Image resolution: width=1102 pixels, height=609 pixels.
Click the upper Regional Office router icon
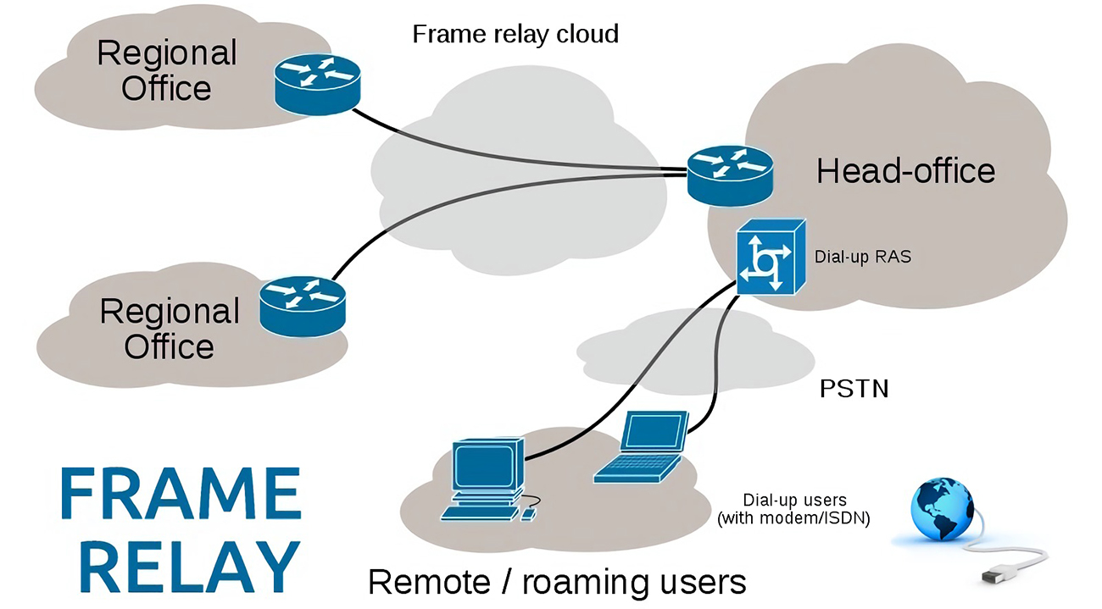coord(317,85)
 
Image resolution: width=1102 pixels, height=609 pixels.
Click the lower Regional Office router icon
coord(303,307)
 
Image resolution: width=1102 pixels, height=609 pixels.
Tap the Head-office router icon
coord(730,176)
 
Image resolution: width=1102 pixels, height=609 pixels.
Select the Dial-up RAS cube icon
coord(771,257)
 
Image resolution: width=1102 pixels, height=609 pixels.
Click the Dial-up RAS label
coord(863,257)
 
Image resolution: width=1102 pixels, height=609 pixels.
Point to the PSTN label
coord(854,389)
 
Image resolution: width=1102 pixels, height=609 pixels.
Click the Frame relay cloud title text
coord(515,35)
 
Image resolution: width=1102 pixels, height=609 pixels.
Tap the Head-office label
coord(905,171)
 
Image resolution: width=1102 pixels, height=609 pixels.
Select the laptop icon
coord(642,447)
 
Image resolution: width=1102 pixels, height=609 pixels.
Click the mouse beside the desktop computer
coord(528,515)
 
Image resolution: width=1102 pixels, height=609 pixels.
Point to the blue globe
coord(942,509)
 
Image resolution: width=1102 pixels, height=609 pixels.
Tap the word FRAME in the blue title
coord(181,493)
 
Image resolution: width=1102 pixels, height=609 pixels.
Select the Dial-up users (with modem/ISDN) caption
coord(794,509)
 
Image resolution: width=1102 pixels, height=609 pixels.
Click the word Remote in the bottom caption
coord(429,583)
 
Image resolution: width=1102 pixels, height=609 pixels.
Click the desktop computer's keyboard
coord(480,514)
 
